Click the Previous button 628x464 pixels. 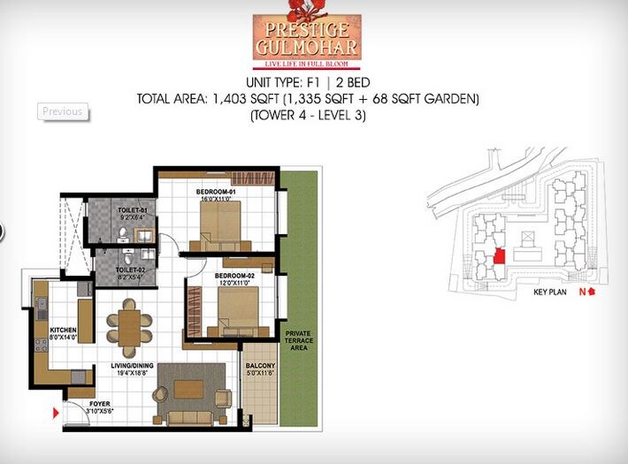[x=62, y=111]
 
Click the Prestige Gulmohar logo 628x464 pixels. [x=307, y=39]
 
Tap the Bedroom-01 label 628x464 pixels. [x=215, y=192]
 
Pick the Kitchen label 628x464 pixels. [x=50, y=330]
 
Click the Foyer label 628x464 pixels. [x=100, y=404]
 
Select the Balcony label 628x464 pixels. [x=260, y=365]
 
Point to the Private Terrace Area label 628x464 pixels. [x=296, y=339]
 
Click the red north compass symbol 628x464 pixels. [x=591, y=292]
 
